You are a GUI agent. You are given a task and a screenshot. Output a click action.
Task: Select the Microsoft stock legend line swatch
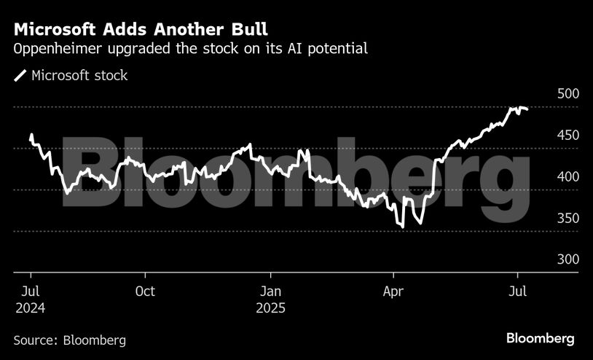(20, 75)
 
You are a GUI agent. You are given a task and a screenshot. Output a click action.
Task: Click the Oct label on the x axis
(145, 291)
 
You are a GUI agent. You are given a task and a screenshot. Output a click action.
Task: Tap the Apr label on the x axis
(393, 291)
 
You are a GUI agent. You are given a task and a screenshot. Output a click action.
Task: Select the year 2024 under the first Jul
(30, 308)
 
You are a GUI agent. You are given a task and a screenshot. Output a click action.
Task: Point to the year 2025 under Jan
(270, 308)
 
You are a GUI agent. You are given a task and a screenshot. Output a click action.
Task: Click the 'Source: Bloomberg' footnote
(70, 340)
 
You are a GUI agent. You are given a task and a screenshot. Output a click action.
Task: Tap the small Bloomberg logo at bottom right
(541, 339)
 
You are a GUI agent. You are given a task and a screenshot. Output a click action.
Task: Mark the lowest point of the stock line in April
(402, 227)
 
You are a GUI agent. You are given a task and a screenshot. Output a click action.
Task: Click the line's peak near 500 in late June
(512, 108)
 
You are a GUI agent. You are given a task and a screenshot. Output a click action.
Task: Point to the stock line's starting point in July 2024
(31, 135)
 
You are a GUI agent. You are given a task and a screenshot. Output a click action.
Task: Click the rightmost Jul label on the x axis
(517, 291)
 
